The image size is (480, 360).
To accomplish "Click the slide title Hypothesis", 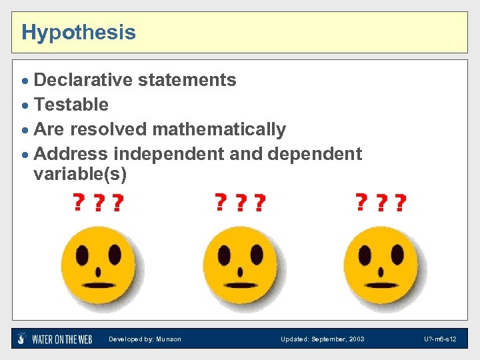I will [79, 32].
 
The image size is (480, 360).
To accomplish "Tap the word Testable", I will [71, 105].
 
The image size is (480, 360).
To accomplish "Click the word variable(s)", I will [79, 175].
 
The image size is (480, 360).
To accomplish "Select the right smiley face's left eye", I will [366, 255].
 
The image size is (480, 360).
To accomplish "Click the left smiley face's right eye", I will [115, 254].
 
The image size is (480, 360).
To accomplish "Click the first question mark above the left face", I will [79, 201].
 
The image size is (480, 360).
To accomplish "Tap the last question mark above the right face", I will [400, 202].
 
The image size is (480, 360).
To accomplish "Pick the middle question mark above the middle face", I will [241, 202].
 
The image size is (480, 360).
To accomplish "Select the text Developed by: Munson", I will [145, 339].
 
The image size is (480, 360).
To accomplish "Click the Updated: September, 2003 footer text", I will [323, 339].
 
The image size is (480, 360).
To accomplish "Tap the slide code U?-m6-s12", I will [439, 339].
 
